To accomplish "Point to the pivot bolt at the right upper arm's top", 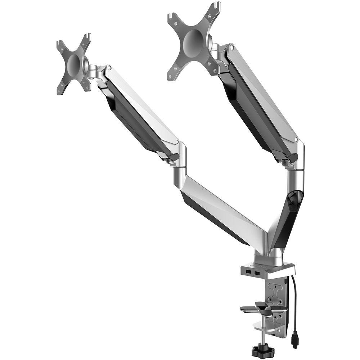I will click(232, 46).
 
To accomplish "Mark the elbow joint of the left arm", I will click(180, 158).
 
